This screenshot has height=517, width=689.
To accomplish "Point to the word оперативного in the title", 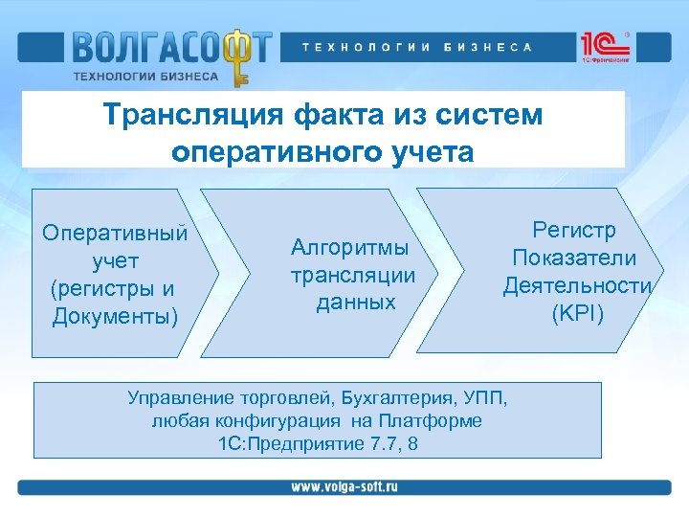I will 273,151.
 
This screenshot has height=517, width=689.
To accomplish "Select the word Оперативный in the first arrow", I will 115,233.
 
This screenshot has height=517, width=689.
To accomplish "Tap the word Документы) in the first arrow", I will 115,315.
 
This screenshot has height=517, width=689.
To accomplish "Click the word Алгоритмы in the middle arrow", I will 349,248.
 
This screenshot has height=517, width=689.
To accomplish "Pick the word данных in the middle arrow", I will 355,302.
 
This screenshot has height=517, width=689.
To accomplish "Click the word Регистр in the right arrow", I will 574,231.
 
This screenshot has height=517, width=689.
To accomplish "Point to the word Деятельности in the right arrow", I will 577,285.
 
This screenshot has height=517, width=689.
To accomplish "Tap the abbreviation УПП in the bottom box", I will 483,397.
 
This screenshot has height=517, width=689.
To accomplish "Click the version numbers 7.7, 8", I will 392,444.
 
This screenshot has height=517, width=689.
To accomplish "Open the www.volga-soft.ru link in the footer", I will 344,486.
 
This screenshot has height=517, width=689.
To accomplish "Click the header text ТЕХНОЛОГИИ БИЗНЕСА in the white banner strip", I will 417,47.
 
